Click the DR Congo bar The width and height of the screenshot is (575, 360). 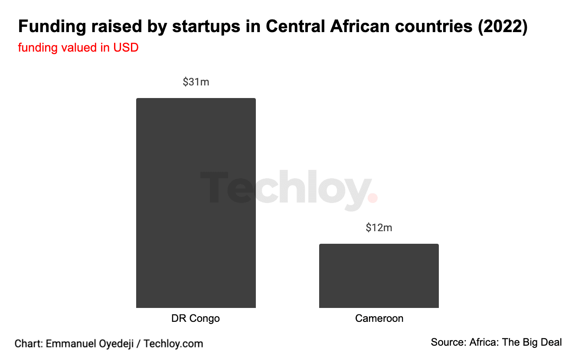tap(196, 203)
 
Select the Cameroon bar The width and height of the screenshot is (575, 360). tap(379, 276)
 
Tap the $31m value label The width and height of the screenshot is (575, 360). tap(196, 82)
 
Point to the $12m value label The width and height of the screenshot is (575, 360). tap(379, 228)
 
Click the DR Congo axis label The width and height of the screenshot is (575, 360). tap(196, 318)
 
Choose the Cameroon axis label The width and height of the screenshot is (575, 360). tap(379, 318)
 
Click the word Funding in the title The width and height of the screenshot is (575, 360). tap(52, 26)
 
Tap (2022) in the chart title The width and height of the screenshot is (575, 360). tap(503, 26)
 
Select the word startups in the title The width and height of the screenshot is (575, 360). tap(206, 27)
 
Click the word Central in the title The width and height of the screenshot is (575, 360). tap(295, 26)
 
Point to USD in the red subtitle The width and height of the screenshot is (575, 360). tap(126, 48)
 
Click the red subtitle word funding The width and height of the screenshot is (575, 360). tap(38, 48)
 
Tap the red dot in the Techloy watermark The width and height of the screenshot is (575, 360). tap(372, 198)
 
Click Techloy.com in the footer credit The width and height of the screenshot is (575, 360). tap(173, 344)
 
